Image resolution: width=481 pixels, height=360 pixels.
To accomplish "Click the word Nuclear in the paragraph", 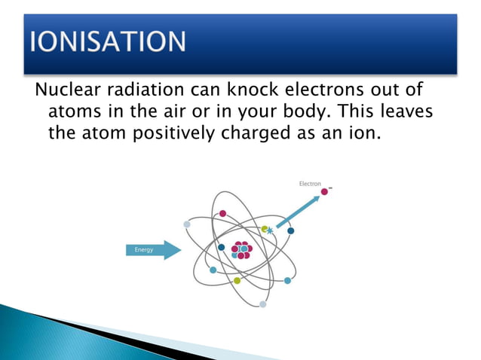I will click(x=64, y=92).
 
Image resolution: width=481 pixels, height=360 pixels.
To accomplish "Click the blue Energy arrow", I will click(x=152, y=250).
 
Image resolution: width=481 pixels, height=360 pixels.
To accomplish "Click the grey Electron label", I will click(x=310, y=184).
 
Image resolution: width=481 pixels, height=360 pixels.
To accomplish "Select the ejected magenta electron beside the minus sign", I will click(x=325, y=192).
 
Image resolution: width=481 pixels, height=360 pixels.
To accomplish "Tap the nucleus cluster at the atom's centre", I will click(x=241, y=250).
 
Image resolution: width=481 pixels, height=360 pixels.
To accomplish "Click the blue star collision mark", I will click(x=270, y=231).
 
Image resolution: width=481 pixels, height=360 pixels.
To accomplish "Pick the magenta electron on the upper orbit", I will click(x=222, y=213).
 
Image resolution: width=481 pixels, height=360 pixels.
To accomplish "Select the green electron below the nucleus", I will click(x=237, y=280).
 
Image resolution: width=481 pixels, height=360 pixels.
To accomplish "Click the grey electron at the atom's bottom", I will click(x=262, y=304).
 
